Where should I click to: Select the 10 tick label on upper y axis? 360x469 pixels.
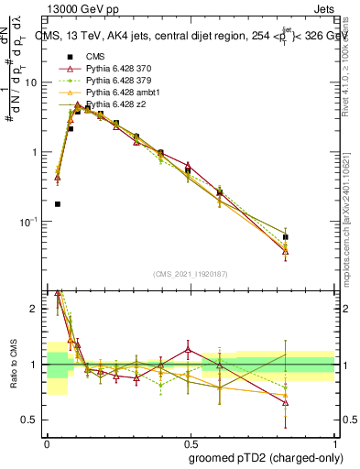(31, 82)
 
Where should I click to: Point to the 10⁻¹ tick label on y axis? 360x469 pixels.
(29, 222)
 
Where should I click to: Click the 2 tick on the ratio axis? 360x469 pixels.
(34, 309)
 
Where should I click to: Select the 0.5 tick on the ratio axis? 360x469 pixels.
(30, 420)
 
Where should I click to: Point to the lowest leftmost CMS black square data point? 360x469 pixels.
(58, 204)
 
